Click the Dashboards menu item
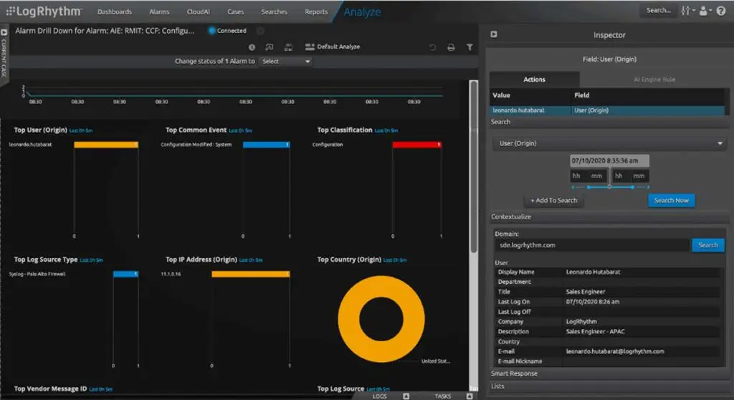[114, 11]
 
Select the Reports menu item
[316, 11]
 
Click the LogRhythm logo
[44, 11]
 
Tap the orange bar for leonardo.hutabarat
[105, 145]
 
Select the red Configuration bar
[416, 145]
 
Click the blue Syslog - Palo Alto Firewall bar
[125, 274]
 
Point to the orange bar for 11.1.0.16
[250, 274]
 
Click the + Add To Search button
[553, 200]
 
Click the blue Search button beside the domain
[707, 245]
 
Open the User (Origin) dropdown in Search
[608, 143]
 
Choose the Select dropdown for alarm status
[285, 62]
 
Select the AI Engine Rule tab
[654, 80]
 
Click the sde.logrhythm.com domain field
[591, 245]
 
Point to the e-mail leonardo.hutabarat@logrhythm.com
[615, 351]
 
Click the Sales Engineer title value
[586, 292]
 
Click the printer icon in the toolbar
[451, 47]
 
